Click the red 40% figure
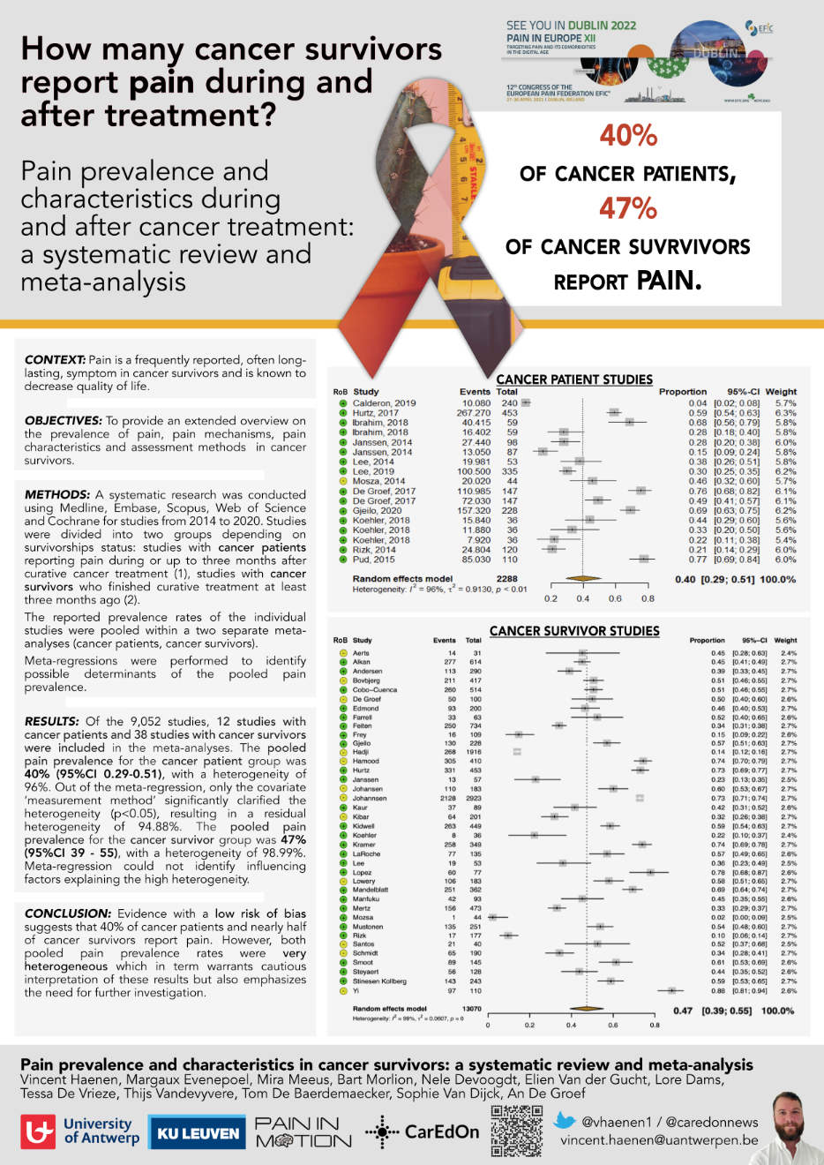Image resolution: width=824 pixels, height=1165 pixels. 628,136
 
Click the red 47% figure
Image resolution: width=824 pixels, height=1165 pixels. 628,209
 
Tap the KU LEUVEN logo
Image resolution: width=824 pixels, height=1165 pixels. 199,1133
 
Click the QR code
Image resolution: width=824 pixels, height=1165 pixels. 517,1131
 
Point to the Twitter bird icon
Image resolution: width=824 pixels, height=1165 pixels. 565,1122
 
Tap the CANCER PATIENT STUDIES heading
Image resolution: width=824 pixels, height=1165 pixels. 574,380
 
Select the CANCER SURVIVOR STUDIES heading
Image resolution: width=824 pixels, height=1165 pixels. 574,631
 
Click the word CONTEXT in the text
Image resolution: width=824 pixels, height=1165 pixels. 55,360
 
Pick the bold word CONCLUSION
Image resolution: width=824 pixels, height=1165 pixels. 67,913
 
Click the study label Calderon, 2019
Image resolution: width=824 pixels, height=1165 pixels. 384,403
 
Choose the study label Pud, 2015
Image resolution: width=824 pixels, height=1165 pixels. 373,560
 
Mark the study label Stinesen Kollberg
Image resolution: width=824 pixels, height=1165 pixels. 379,981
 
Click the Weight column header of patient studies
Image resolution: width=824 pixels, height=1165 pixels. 781,392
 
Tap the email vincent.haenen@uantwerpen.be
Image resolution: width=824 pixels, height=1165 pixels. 659,1140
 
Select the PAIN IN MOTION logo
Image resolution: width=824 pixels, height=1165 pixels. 303,1131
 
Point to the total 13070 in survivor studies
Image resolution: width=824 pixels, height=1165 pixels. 472,1009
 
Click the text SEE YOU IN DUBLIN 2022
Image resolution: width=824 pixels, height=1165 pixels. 571,26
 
